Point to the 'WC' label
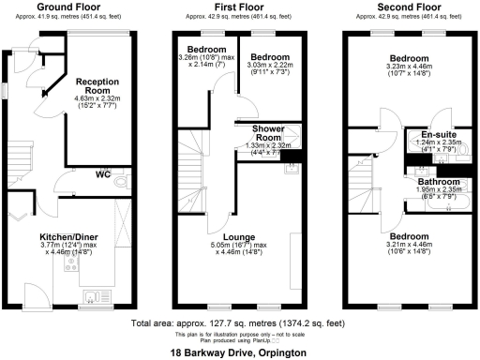click(x=104, y=173)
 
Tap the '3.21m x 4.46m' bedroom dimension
click(x=409, y=243)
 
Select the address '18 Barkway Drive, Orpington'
click(x=240, y=352)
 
